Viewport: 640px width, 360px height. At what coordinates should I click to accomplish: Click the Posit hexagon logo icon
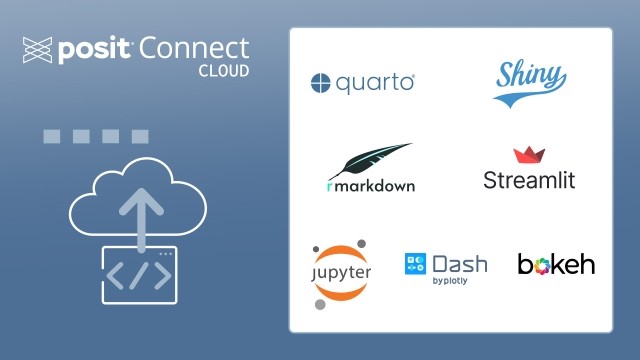(x=36, y=49)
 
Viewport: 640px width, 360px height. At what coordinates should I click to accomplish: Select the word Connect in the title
(x=196, y=48)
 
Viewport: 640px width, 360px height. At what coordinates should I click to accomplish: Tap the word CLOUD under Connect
(x=223, y=72)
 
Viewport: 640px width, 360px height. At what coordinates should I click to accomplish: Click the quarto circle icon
(x=320, y=84)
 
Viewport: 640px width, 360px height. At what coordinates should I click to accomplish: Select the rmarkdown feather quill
(x=371, y=160)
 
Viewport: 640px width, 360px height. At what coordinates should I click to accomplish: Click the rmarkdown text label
(x=370, y=185)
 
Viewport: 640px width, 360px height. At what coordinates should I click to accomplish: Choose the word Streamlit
(x=529, y=181)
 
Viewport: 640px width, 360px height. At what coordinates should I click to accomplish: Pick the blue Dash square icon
(x=415, y=264)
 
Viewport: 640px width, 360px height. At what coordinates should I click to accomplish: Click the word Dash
(x=459, y=264)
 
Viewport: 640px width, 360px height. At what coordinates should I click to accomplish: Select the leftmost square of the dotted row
(x=51, y=136)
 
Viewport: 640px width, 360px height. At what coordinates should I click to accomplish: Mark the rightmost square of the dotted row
(x=140, y=136)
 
